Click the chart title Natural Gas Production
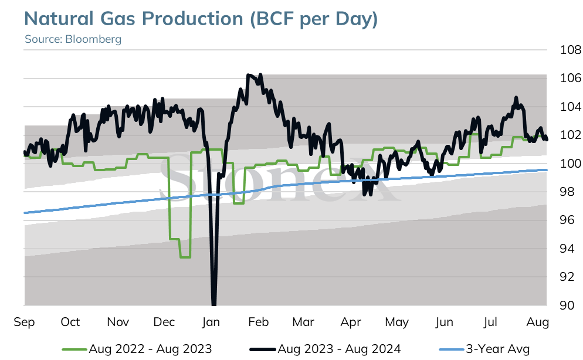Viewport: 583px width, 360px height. pos(134,19)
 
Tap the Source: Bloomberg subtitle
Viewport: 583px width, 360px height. pos(73,39)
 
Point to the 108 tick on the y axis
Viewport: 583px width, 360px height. pos(570,49)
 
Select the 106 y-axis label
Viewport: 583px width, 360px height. pos(570,78)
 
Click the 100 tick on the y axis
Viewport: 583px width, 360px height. pos(570,163)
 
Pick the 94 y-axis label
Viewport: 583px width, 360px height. pos(567,248)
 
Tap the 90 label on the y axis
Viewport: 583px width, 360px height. pos(567,305)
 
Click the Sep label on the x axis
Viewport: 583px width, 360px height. pos(24,322)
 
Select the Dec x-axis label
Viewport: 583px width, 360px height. pos(164,322)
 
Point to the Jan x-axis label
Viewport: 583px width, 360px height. pos(211,322)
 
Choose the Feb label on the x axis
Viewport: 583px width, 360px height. pos(258,322)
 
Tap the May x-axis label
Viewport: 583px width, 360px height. pos(396,322)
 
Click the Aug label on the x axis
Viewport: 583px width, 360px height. pos(538,322)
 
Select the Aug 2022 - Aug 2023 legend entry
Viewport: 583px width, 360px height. pos(137,349)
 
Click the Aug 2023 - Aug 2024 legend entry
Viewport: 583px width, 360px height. pos(326,349)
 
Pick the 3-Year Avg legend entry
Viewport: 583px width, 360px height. pos(484,349)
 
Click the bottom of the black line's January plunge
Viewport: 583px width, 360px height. pos(214,304)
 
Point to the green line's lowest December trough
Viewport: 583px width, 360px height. pos(185,257)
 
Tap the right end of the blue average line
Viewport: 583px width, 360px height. pos(547,170)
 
